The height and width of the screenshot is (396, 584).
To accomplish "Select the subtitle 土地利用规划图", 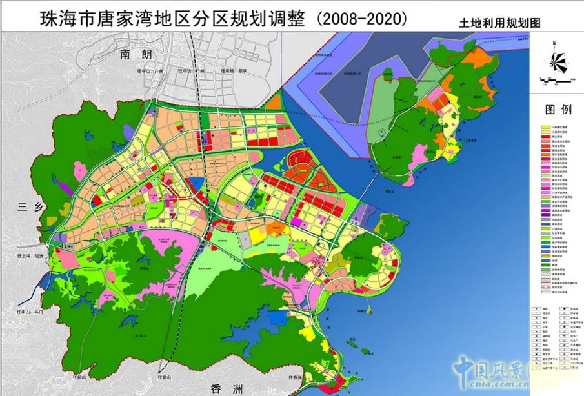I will click(507, 21).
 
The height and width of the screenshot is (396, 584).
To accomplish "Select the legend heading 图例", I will click(558, 110).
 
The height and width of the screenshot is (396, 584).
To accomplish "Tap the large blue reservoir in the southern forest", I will click(279, 317).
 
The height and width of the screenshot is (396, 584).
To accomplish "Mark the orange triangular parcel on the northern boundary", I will click(274, 102).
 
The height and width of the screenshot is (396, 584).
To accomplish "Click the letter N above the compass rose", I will click(554, 43).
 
